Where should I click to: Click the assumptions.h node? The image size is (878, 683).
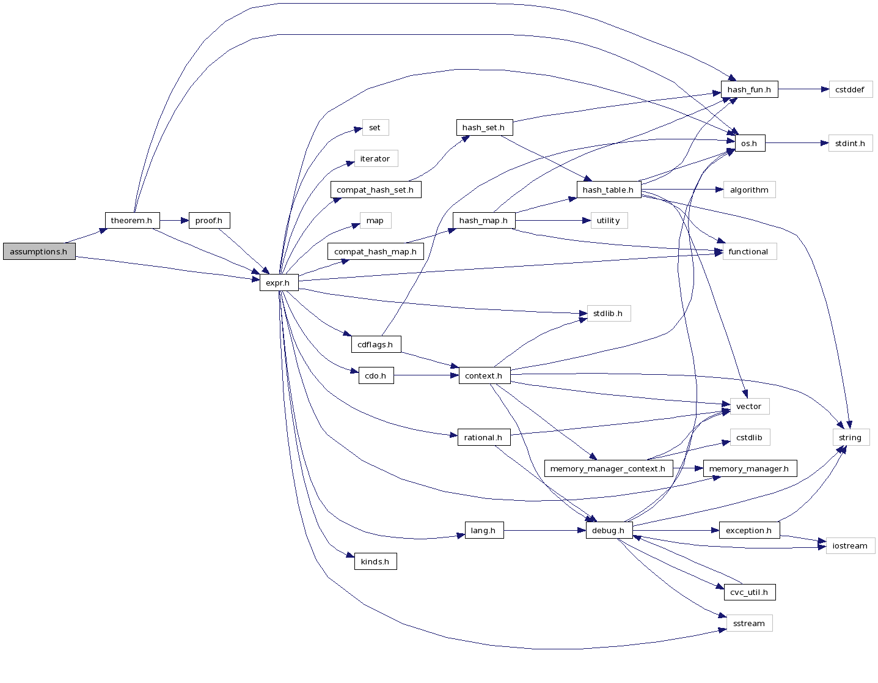coord(38,251)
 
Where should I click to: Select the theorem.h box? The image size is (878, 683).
coord(131,220)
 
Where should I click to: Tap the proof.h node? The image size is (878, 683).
coord(209,220)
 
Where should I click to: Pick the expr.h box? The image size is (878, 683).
coord(278,282)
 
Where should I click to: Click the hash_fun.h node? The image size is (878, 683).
coord(749,89)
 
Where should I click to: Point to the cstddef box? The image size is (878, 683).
coord(850,89)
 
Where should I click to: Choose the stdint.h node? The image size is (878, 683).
coord(850,143)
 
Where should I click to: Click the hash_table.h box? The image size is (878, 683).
coord(608,190)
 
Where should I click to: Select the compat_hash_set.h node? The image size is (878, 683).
coord(375,190)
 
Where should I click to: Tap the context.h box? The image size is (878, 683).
coord(483,375)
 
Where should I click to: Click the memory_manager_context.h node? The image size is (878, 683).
coord(607,468)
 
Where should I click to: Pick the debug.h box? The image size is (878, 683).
coord(609,530)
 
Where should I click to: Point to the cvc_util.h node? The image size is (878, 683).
coord(749,592)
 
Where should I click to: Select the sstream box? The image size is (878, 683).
coord(749,623)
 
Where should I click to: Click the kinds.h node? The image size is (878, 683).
coord(375,561)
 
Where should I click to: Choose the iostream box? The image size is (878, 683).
coord(850,545)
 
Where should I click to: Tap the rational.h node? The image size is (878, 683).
coord(483,437)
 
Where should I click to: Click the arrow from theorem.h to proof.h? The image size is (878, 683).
coord(174,220)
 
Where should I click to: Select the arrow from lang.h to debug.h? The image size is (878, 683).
coord(544,530)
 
